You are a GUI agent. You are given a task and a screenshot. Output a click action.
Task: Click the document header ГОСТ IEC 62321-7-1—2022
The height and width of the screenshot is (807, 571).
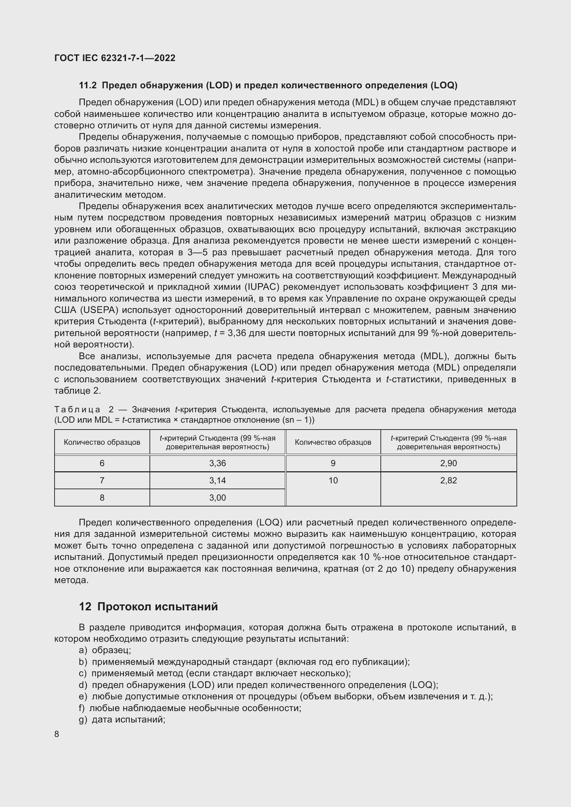pos(115,58)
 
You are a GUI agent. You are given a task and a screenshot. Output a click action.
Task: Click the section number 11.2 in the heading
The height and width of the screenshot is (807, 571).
pos(88,86)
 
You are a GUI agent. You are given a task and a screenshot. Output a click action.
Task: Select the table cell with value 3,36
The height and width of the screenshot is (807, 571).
pos(217,463)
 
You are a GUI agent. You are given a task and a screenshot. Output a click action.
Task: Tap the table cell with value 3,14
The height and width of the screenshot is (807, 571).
pos(217,481)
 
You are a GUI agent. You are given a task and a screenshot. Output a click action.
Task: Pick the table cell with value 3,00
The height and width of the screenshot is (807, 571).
pos(217,498)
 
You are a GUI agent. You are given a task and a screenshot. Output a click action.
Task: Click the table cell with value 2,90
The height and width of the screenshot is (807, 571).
pos(448,463)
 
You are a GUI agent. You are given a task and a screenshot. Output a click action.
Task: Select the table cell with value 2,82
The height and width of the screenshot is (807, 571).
pos(448,481)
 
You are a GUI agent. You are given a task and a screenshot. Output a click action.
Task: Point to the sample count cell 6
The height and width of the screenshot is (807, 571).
pos(102,463)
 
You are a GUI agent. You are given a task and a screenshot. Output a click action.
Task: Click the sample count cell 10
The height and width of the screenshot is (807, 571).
pos(333,481)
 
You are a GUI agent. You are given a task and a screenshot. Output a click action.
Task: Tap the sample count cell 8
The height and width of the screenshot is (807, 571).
pos(102,498)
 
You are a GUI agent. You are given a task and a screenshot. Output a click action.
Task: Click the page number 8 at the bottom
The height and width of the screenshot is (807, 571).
pos(57,734)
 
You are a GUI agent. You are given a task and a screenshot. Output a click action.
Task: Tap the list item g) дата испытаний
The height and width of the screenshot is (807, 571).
pos(122,719)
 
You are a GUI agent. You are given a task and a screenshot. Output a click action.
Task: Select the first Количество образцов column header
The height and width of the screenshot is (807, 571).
pos(102,442)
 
